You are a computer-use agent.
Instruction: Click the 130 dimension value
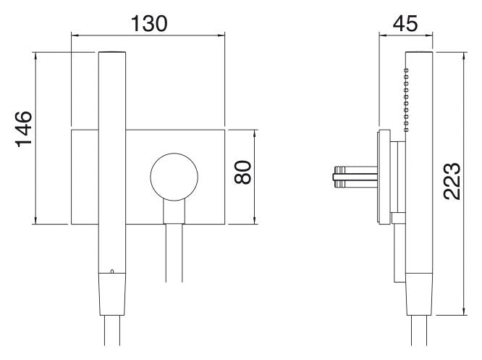pyautogui.click(x=149, y=23)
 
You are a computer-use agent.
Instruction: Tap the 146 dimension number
pyautogui.click(x=24, y=130)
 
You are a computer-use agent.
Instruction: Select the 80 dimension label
pyautogui.click(x=243, y=172)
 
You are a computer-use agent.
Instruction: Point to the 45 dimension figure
pyautogui.click(x=405, y=23)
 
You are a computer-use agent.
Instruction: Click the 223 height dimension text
pyautogui.click(x=452, y=182)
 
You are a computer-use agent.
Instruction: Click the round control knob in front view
pyautogui.click(x=174, y=177)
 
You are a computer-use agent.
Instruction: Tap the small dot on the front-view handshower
pyautogui.click(x=112, y=272)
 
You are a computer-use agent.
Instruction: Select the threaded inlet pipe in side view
pyautogui.click(x=356, y=177)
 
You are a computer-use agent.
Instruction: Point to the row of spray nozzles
pyautogui.click(x=407, y=100)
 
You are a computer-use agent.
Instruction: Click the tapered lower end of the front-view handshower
pyautogui.click(x=112, y=294)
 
